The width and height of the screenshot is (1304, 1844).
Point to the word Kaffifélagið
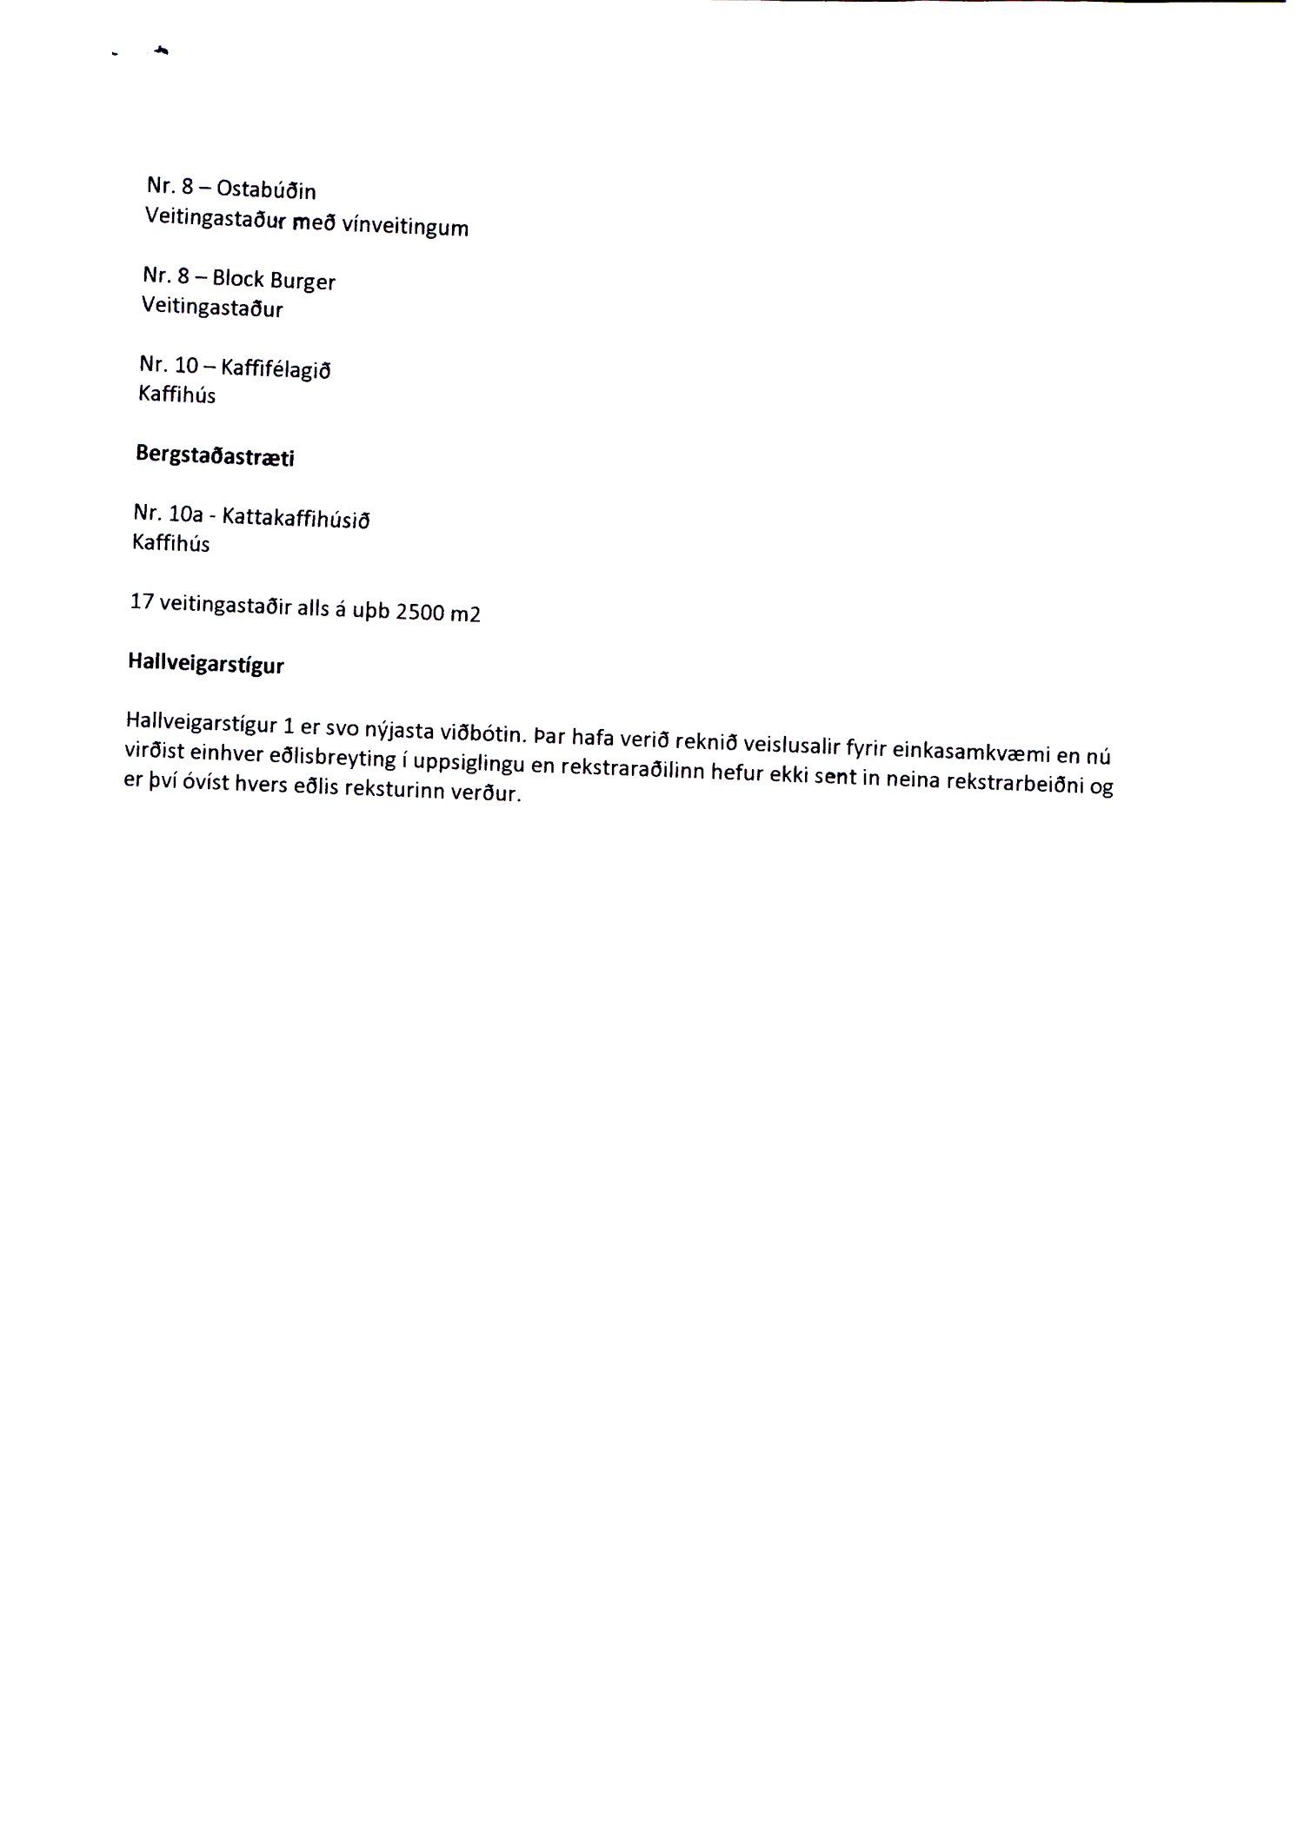pos(276,369)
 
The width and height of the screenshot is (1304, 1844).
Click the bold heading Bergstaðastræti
pos(215,455)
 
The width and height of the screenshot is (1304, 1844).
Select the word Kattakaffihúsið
pos(296,519)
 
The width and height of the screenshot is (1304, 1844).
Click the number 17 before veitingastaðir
pos(142,600)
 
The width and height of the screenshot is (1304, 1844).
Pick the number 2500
pos(421,612)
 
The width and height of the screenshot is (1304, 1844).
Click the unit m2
pos(465,614)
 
